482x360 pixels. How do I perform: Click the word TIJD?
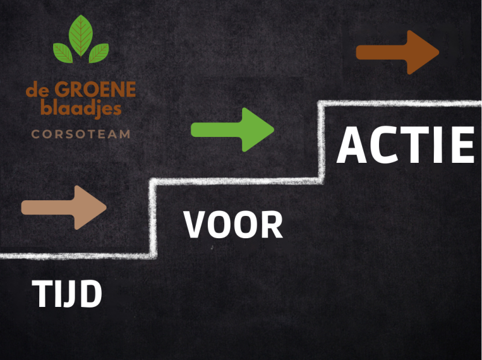[67, 294]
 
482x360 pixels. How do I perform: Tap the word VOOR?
[233, 224]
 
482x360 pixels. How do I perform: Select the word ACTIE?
[405, 145]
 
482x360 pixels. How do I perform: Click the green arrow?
[232, 129]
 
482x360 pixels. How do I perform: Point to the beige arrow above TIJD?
[64, 207]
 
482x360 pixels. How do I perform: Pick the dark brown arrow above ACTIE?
[398, 52]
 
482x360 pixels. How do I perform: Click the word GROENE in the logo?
[95, 91]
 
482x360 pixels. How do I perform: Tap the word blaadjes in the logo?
[81, 109]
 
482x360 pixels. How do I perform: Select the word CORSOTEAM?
[81, 134]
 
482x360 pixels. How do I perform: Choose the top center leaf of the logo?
[81, 35]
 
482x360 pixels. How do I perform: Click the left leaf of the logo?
[63, 52]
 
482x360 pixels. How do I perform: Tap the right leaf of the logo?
[99, 52]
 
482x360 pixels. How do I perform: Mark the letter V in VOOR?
[195, 224]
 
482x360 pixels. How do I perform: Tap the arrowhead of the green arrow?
[259, 129]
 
